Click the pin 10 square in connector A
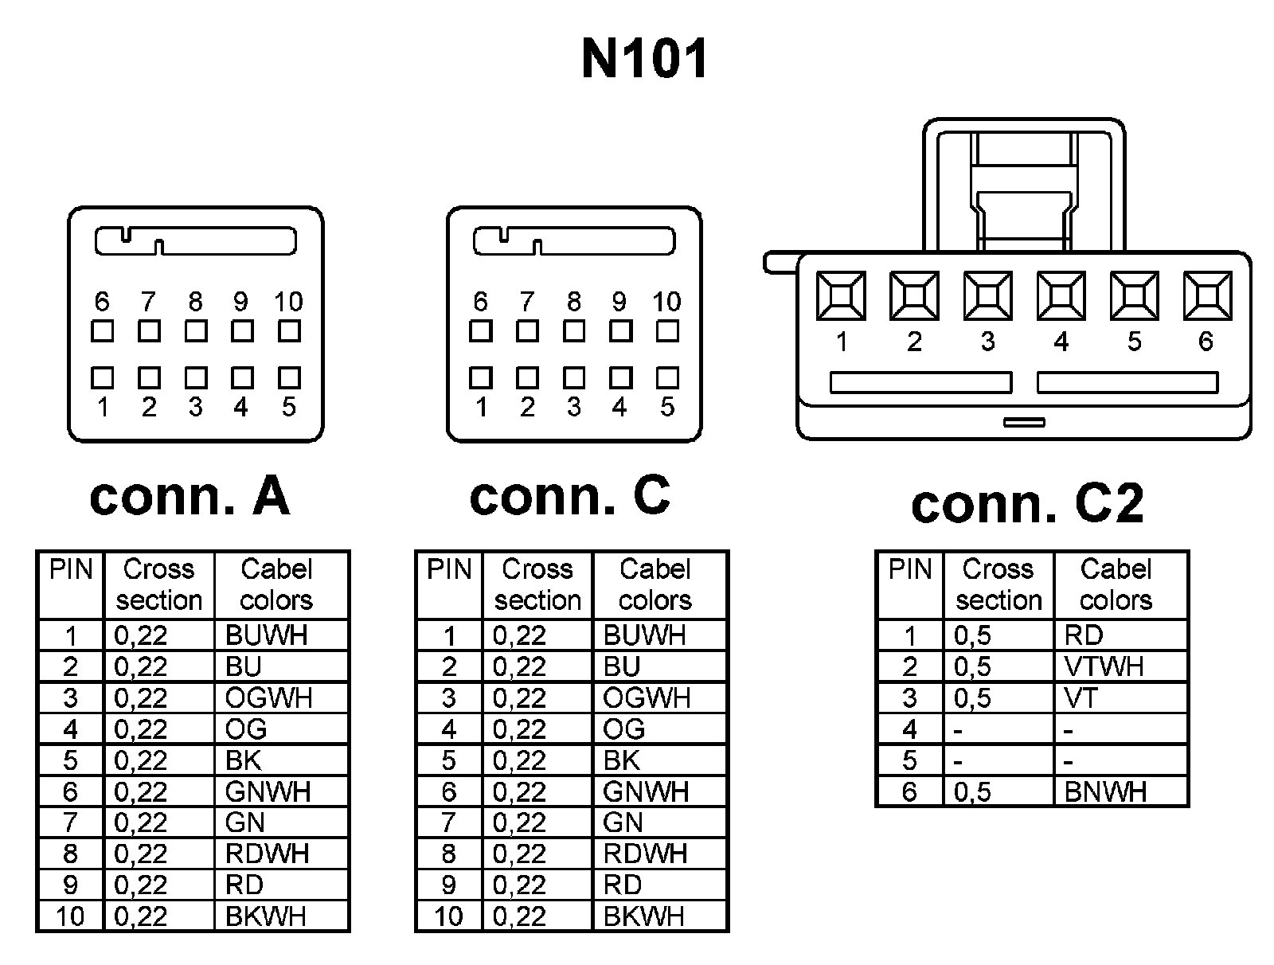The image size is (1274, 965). point(289,330)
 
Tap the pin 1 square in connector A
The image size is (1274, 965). point(102,377)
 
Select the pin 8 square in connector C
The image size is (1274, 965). point(574,330)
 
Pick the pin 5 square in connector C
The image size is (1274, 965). point(667,377)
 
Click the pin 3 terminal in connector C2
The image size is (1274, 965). point(987,295)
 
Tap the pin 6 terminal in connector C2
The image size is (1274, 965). point(1207,295)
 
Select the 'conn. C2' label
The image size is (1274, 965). point(1027,503)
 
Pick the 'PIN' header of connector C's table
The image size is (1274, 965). point(449,570)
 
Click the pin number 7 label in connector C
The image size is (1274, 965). point(527,302)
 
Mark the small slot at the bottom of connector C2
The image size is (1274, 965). point(1024,422)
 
